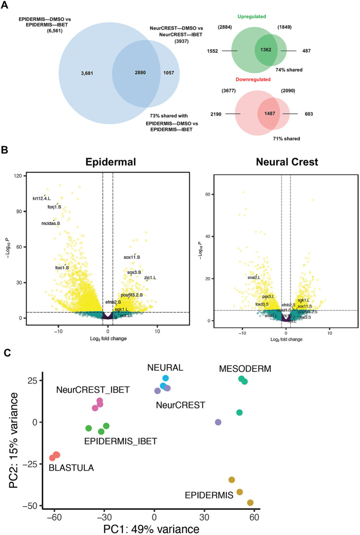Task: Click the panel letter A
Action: [x=6, y=6]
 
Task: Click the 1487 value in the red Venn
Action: [x=267, y=114]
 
